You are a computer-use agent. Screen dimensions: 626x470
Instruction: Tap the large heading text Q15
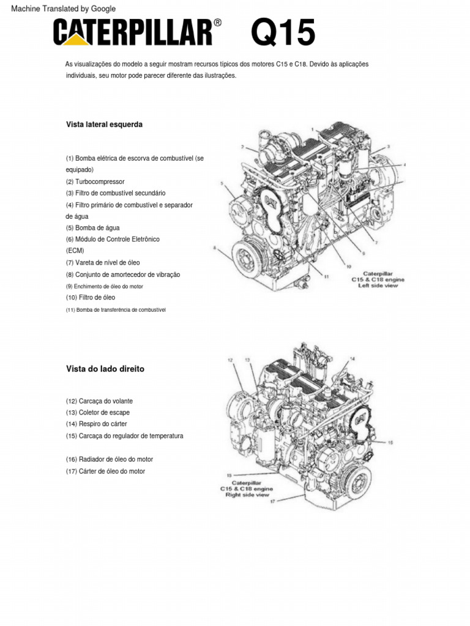point(283,33)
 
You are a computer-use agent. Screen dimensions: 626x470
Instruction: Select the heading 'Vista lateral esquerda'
point(104,124)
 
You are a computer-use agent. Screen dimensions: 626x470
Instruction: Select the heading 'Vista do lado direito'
point(105,369)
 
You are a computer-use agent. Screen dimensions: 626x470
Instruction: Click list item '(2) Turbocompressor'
point(95,182)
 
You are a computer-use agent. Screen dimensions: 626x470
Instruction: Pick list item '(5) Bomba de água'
point(94,227)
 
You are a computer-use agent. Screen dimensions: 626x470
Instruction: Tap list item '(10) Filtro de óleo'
point(91,298)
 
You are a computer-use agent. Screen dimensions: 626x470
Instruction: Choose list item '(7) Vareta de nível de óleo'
point(103,263)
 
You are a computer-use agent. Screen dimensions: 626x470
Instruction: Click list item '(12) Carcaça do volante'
point(99,401)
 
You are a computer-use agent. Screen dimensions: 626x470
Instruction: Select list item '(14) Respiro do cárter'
point(97,424)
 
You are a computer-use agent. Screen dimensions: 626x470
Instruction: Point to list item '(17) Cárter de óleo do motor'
point(105,471)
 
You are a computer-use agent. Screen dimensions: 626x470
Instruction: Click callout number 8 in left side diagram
point(215,248)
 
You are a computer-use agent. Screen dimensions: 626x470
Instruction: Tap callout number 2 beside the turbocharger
point(242,147)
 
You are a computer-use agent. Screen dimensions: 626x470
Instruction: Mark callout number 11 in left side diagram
point(327,277)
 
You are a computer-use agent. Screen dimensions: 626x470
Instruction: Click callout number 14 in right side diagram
point(352,358)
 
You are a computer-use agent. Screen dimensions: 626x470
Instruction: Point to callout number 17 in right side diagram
point(272,501)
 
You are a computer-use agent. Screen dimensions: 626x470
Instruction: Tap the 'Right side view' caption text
point(247,495)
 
